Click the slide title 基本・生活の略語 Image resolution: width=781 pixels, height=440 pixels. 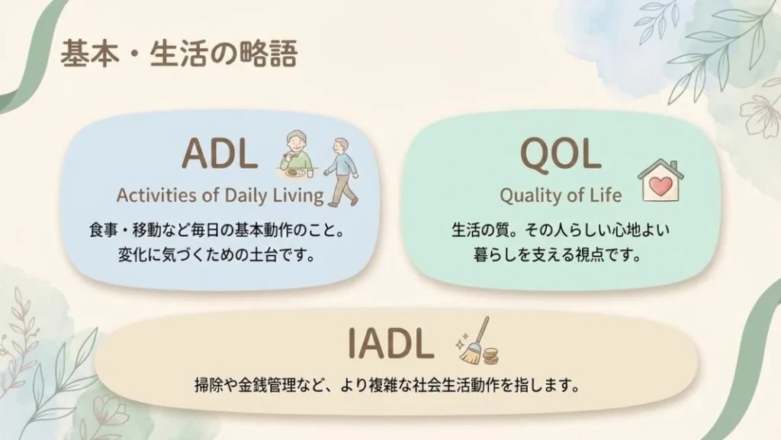178,54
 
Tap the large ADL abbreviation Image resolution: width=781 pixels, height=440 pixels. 220,153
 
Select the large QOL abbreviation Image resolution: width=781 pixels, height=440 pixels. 561,153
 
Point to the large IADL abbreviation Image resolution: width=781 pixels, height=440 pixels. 390,343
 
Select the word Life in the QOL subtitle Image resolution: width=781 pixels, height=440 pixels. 606,195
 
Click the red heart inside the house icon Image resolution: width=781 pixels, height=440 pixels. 661,186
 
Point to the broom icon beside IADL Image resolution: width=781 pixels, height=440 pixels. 474,342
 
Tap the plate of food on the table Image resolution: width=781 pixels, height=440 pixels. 294,173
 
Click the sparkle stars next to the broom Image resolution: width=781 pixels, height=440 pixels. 461,341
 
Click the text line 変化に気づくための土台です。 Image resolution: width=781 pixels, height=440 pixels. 217,255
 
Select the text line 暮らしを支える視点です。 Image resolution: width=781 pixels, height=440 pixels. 558,255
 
